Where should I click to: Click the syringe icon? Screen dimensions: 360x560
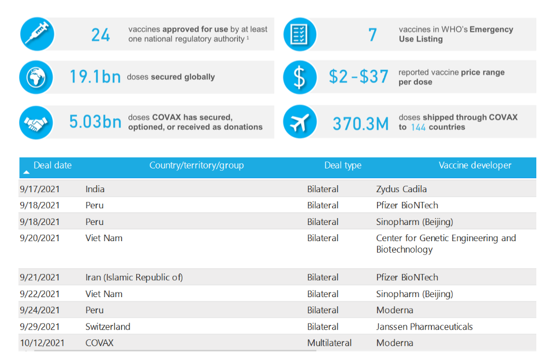click(x=36, y=34)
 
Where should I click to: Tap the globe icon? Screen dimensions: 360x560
click(x=36, y=77)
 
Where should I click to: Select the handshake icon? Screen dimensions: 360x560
click(x=36, y=122)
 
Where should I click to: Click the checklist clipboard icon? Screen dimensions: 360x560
click(x=300, y=34)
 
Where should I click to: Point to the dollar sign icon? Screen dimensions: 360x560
click(x=300, y=77)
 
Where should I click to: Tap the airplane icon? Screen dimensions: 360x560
click(x=300, y=122)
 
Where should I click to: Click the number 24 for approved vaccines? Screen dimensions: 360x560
click(x=100, y=35)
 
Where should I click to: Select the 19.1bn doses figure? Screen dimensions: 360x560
click(x=95, y=77)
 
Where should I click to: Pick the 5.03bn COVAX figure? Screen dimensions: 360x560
click(x=95, y=122)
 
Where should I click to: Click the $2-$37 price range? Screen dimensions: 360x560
click(x=359, y=77)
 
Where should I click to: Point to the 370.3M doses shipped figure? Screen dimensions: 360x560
click(x=360, y=123)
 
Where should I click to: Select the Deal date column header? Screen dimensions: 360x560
click(x=53, y=166)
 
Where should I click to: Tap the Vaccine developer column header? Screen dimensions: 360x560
click(x=475, y=166)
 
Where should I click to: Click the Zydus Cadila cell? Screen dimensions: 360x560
click(x=401, y=189)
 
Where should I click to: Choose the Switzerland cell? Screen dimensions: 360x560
click(x=107, y=327)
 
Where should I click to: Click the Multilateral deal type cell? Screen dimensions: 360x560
click(x=329, y=343)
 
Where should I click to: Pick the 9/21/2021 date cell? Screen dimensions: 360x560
click(x=39, y=277)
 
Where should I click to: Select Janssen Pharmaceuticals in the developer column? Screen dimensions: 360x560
click(x=424, y=327)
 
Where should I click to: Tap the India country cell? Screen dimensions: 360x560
click(x=95, y=189)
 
